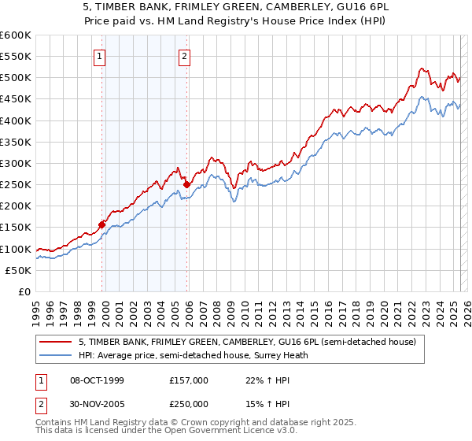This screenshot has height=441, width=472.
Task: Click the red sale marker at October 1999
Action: (102, 224)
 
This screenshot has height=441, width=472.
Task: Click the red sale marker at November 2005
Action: (187, 184)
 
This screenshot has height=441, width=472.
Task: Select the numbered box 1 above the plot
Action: (101, 56)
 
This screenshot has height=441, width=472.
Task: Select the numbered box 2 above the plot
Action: (184, 56)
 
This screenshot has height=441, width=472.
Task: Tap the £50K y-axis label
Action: (19, 270)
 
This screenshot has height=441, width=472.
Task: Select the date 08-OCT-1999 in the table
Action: (97, 380)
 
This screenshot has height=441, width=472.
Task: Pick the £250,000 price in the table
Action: (189, 404)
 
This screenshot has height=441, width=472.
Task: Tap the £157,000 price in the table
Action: (189, 380)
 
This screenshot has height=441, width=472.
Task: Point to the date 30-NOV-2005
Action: (97, 404)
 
